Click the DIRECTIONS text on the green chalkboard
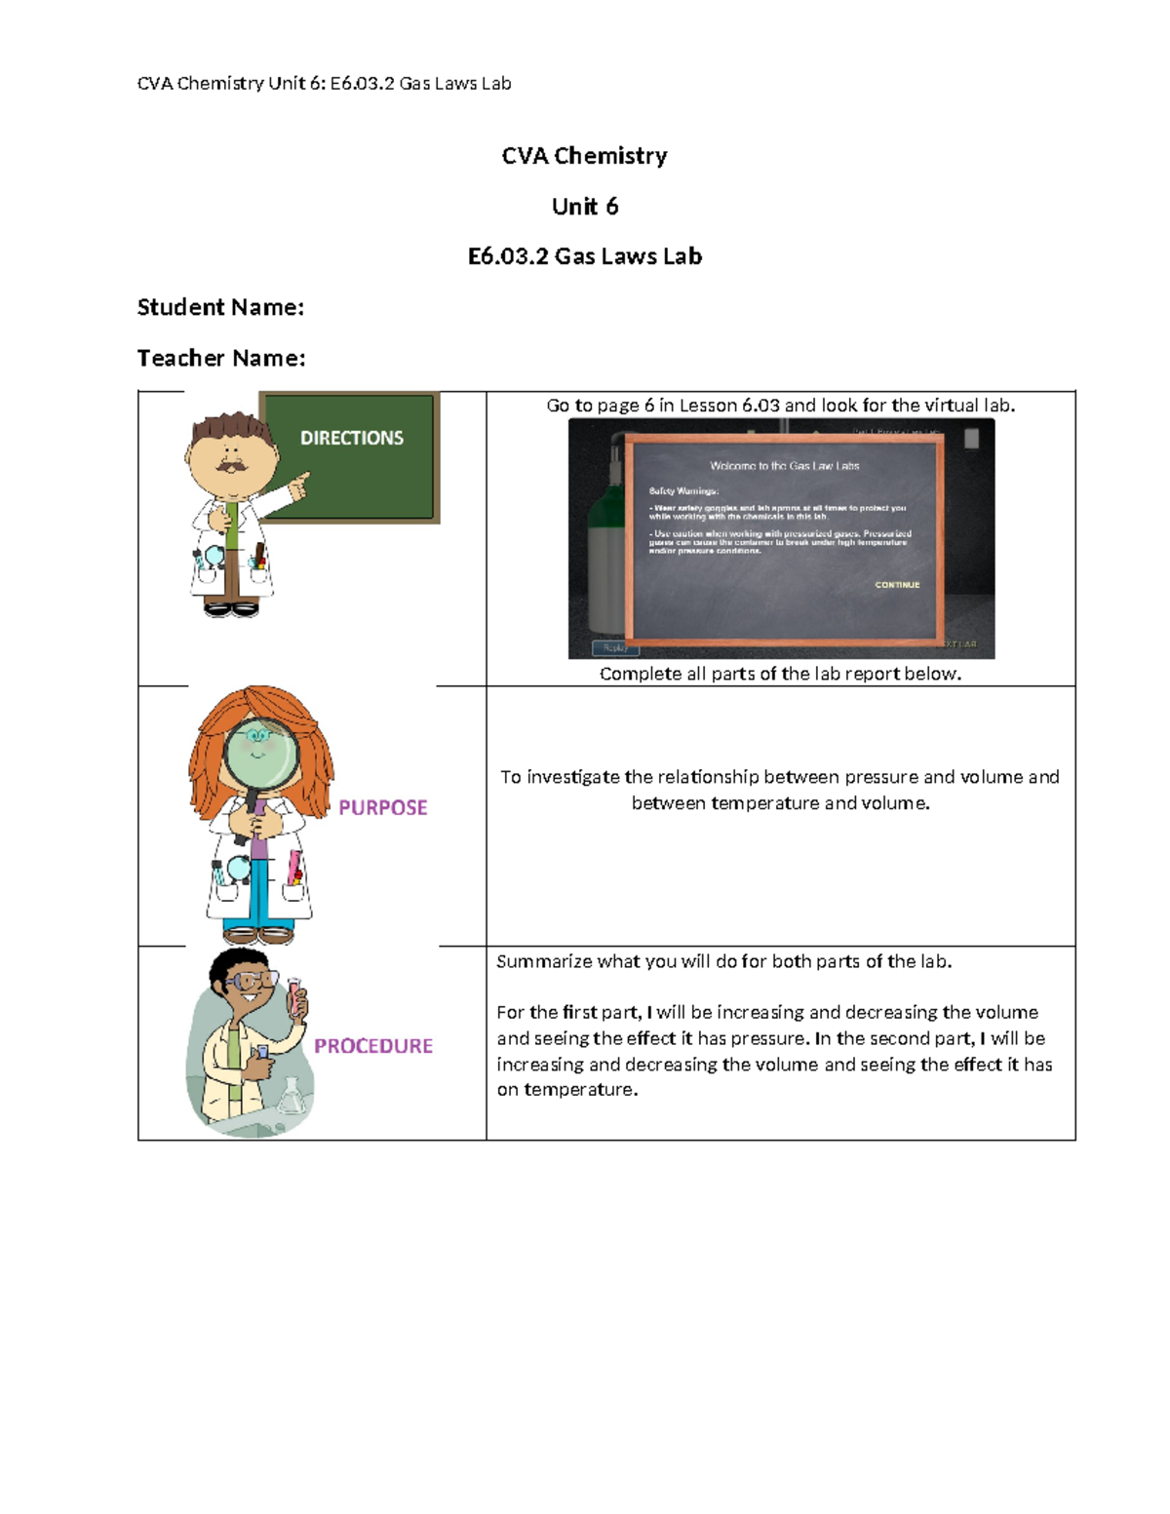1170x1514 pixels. pos(351,439)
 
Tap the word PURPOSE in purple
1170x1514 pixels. pos(382,807)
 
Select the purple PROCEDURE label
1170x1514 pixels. pos(372,1046)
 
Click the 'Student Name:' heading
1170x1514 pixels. pos(220,307)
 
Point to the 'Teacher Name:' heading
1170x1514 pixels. pos(221,358)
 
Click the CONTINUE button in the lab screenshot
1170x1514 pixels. pos(897,585)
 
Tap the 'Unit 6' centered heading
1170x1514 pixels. pos(585,207)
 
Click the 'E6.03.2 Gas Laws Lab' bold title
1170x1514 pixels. pos(585,256)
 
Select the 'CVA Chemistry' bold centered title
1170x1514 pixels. pos(585,156)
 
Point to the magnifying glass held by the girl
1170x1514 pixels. pos(261,755)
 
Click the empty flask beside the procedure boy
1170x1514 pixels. pos(292,1097)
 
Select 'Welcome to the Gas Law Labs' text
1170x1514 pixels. pos(784,466)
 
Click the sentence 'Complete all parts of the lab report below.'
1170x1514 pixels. pos(780,674)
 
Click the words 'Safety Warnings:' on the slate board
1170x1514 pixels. pos(683,491)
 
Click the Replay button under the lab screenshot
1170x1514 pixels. pos(615,647)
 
